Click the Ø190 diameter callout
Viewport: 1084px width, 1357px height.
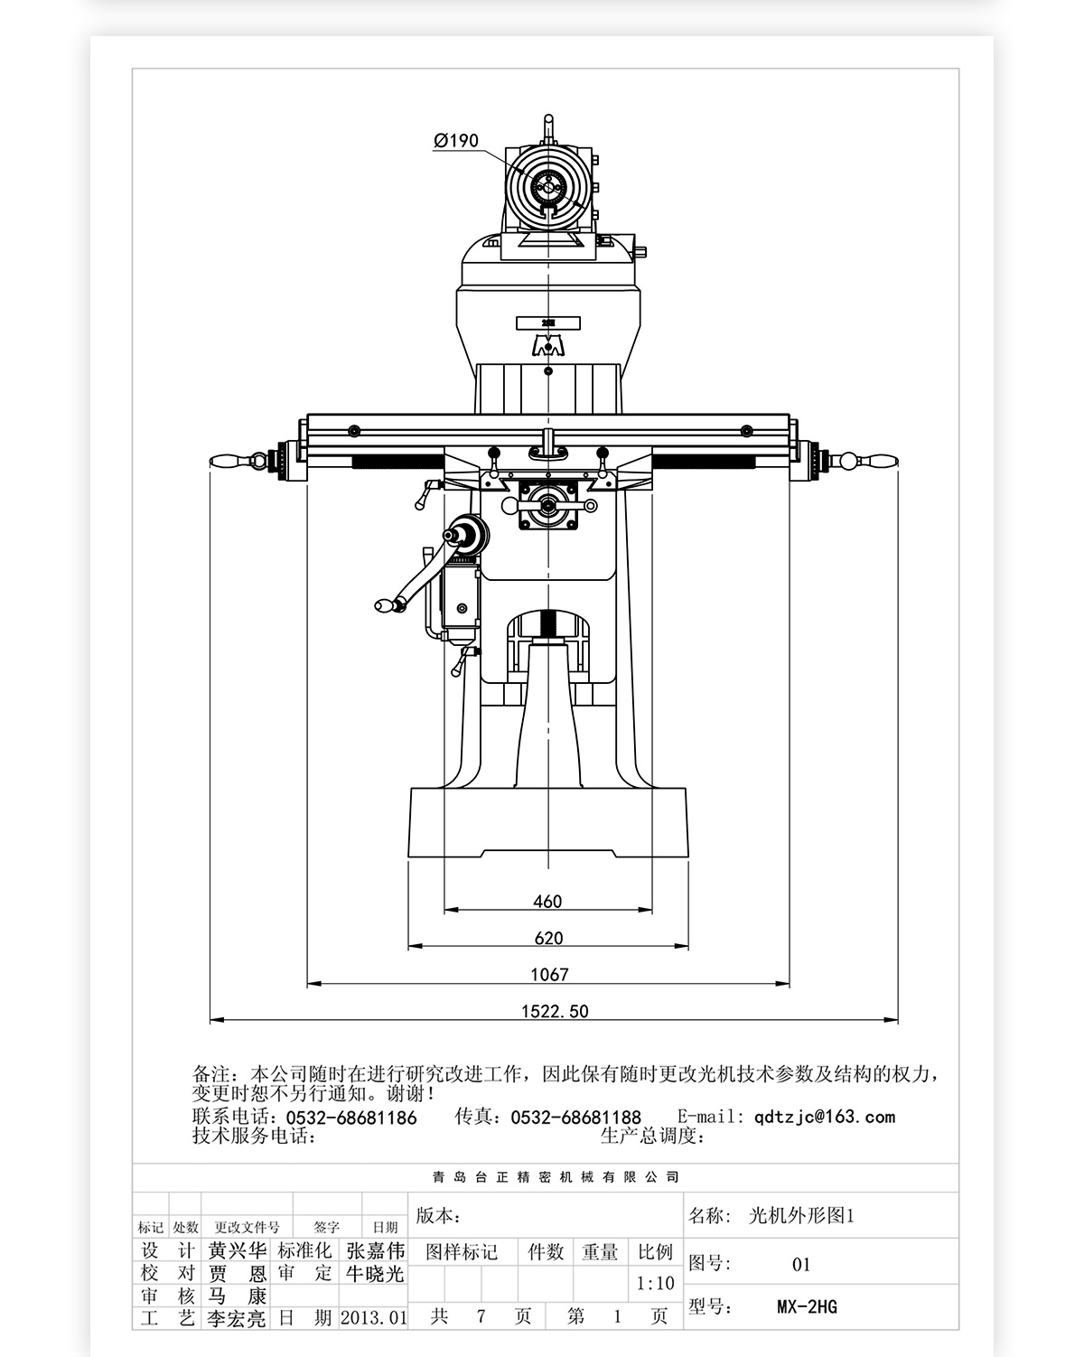[x=456, y=140]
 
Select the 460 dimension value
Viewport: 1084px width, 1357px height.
[x=547, y=901]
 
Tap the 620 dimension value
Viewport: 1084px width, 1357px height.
[x=548, y=938]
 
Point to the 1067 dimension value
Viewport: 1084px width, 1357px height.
[x=549, y=974]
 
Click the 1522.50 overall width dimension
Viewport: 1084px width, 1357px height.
[x=554, y=1011]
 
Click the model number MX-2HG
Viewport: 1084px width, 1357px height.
[x=807, y=1306]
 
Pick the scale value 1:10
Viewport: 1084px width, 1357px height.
[x=655, y=1283]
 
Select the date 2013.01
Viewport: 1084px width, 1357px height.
[x=373, y=1317]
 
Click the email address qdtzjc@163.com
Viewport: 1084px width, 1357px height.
[x=824, y=1117]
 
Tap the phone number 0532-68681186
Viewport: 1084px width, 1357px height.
[x=351, y=1118]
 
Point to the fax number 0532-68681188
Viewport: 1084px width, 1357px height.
[x=575, y=1118]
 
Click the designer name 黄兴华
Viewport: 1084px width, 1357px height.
[x=238, y=1250]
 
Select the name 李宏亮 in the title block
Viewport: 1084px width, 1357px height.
[x=238, y=1318]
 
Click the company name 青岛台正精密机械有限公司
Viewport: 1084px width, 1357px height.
[x=555, y=1177]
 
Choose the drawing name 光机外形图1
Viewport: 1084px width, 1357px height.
[x=801, y=1216]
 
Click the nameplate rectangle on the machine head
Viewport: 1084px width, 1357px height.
[x=547, y=323]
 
